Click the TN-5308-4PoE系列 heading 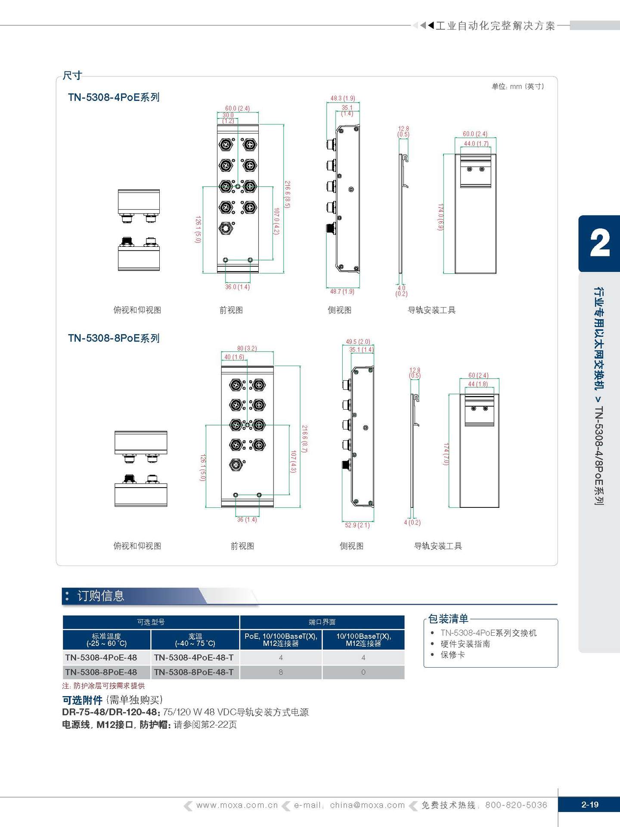(x=114, y=97)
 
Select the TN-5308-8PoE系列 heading (x=114, y=338)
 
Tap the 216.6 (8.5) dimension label (x=287, y=194)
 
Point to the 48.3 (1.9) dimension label (x=343, y=98)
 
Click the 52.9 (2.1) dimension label (x=357, y=525)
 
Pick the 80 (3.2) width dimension (x=247, y=348)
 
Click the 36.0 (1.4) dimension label (x=237, y=287)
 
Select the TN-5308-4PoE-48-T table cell (x=194, y=657)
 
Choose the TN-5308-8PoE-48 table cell (x=101, y=672)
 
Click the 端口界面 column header (x=322, y=622)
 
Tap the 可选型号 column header (x=151, y=622)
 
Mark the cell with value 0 (x=363, y=672)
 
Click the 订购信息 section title (x=101, y=596)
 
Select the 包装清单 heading (x=448, y=619)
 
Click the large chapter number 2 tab (x=599, y=243)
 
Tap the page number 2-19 (x=589, y=805)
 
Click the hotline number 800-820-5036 (x=516, y=805)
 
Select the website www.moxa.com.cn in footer (x=237, y=805)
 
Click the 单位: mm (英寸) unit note (x=518, y=87)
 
